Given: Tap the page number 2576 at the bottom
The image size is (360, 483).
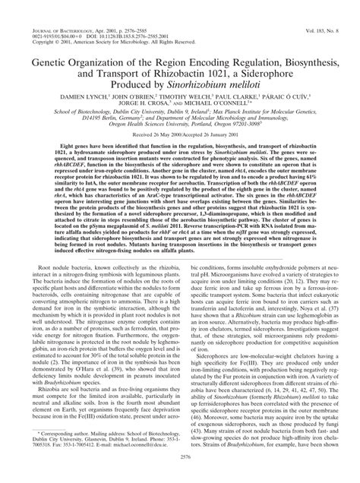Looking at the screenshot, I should pos(180,470).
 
